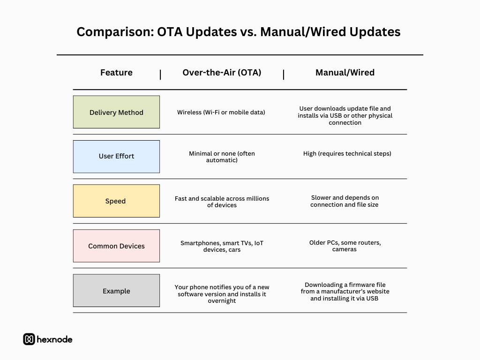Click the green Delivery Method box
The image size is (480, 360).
point(116,112)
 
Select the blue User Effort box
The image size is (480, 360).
point(116,157)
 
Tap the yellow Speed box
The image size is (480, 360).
point(116,201)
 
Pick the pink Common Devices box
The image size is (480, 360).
point(116,246)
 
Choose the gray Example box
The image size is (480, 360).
point(116,291)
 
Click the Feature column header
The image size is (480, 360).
point(116,73)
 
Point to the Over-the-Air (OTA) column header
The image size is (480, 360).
point(222,73)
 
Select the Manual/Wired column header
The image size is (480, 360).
point(345,73)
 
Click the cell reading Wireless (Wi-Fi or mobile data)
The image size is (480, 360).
point(221,112)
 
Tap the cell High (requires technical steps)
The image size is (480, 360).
point(347,153)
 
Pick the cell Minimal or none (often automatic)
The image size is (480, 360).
point(222,157)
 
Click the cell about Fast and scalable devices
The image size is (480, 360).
point(222,202)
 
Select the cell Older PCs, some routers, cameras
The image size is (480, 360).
point(345,246)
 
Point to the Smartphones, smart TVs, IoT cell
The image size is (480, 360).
point(222,247)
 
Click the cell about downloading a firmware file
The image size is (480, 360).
point(345,292)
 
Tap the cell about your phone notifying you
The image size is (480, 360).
point(222,294)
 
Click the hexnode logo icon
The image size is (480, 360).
point(29,339)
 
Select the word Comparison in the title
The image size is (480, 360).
point(115,32)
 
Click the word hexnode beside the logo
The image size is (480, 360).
point(54,339)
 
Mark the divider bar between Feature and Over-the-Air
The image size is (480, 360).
point(160,75)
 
